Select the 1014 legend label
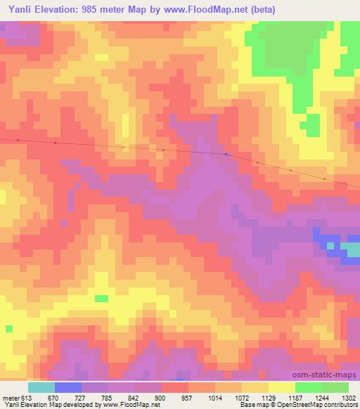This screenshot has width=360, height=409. click(216, 397)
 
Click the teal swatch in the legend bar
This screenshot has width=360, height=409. click(41, 387)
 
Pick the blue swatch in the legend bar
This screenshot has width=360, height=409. click(68, 387)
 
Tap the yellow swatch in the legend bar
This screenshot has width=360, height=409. click(282, 387)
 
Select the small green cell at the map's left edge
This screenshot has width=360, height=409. click(9, 328)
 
